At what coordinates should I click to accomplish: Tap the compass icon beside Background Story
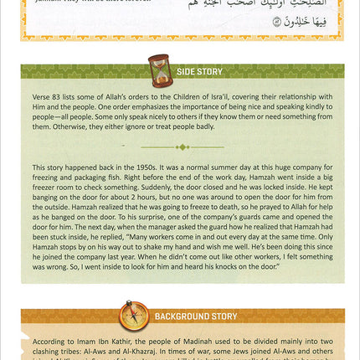tap(133, 316)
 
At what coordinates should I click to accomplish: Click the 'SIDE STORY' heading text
tap(199, 72)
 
